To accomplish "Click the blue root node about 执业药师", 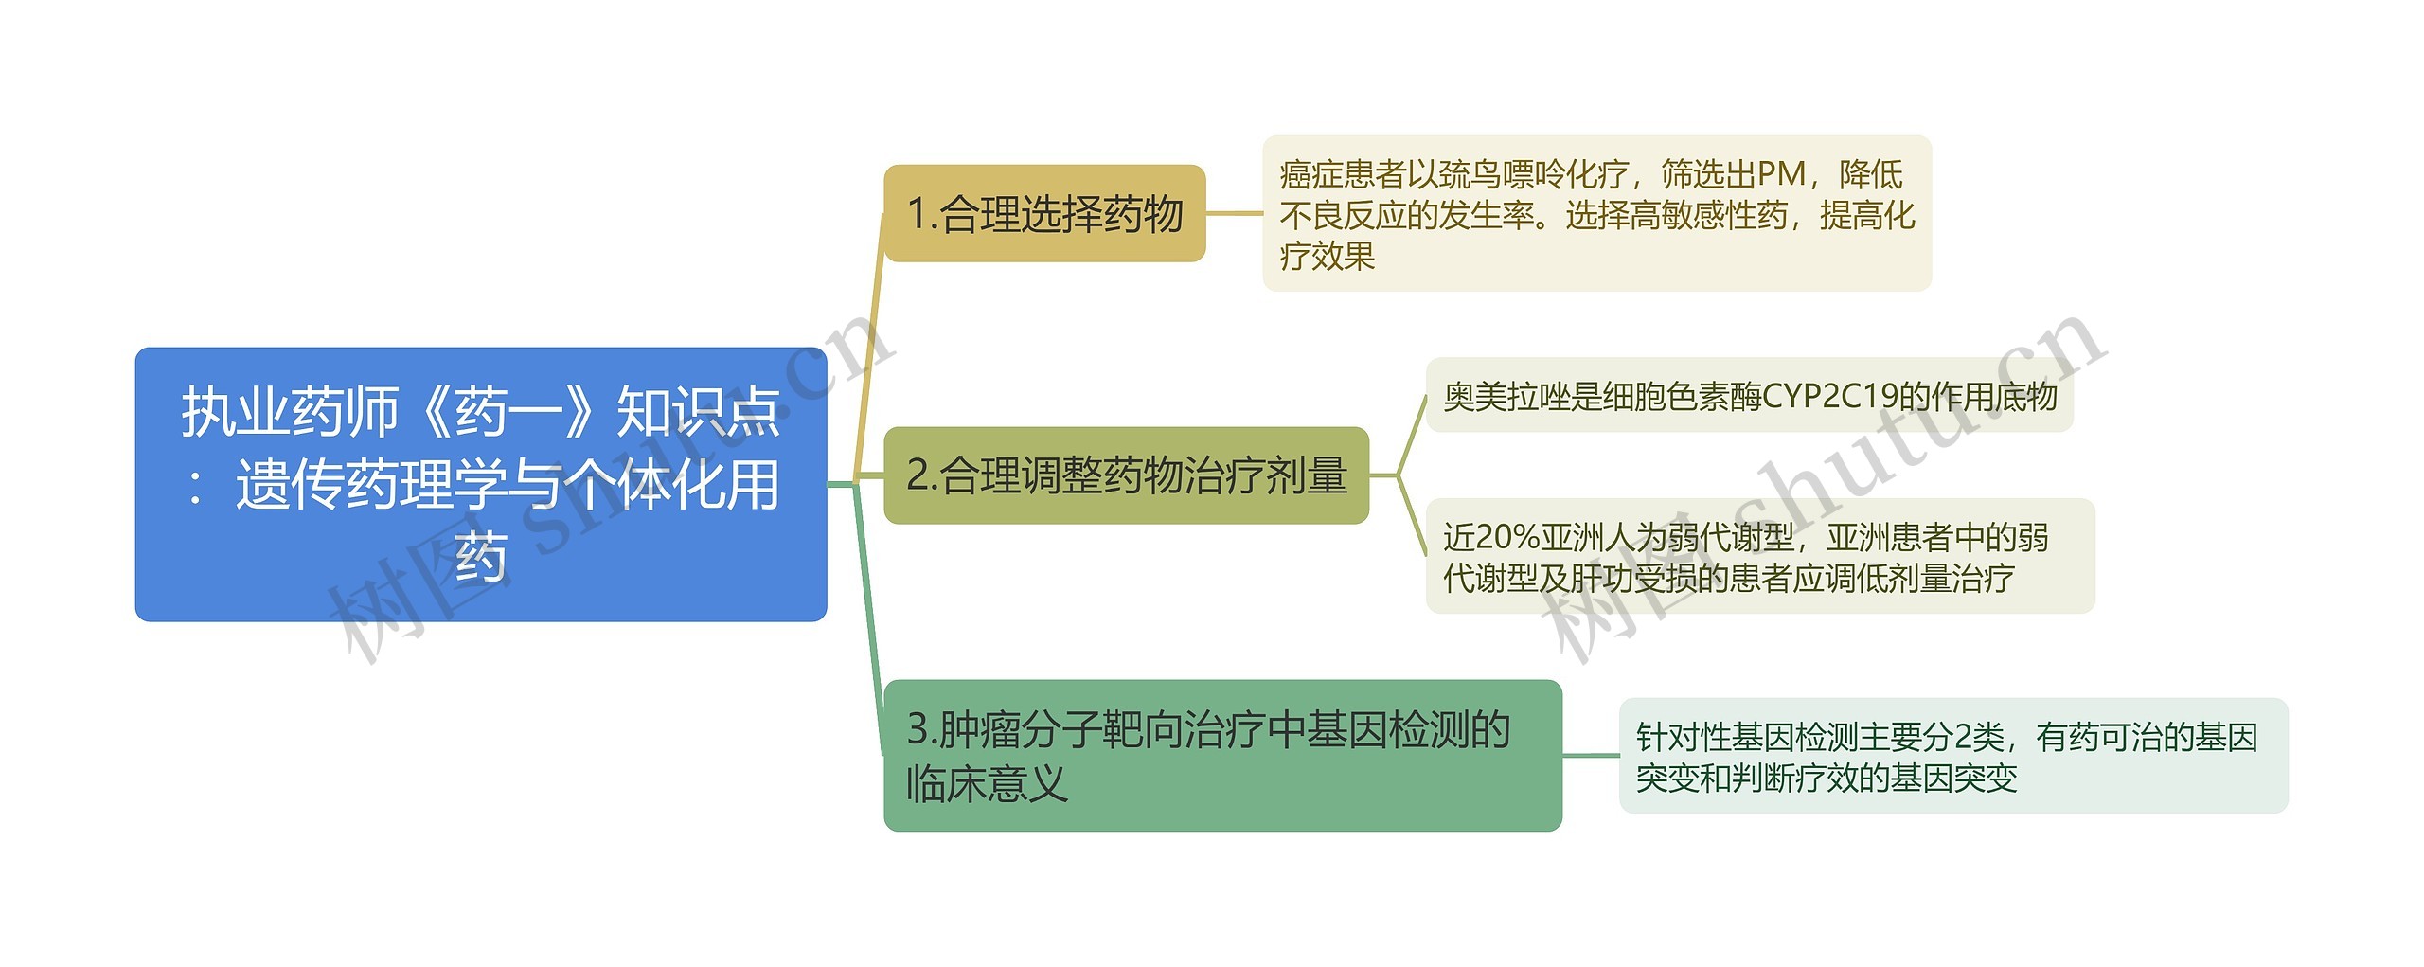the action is pos(480,484).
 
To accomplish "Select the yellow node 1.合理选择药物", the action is pos(1043,213).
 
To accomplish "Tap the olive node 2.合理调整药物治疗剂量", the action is pos(1126,475).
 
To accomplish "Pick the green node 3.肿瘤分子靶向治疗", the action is pos(1221,755).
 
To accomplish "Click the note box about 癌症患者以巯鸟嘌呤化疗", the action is pos(1596,214).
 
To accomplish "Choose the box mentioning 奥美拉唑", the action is pos(1749,396).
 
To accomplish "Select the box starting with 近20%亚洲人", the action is pos(1759,556).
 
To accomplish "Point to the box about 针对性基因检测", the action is pos(1952,756).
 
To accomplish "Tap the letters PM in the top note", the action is pos(1781,174).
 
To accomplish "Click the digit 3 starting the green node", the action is pos(918,729).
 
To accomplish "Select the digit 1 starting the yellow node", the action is pos(916,214).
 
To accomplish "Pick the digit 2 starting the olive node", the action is pos(917,475).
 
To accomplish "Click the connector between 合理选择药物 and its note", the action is pos(1234,213).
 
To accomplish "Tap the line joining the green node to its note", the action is pos(1590,755).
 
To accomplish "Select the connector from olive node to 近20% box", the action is pos(1412,516).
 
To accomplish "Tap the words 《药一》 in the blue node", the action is pos(508,412).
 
